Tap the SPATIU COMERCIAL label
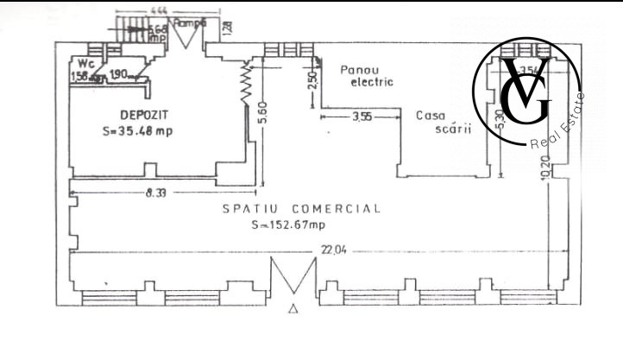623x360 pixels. click(300, 209)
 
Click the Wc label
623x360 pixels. click(85, 63)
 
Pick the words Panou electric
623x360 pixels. click(367, 76)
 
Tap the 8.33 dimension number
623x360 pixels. click(155, 194)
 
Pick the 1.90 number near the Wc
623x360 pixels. click(119, 74)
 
